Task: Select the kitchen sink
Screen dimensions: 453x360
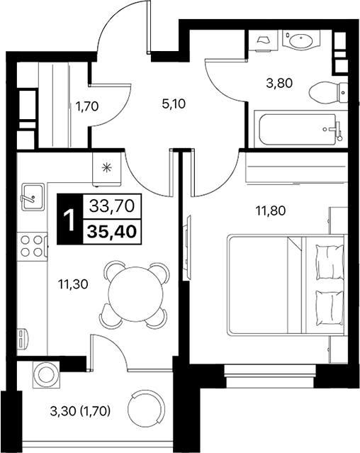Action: click(32, 196)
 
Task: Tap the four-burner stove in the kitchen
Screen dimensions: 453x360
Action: click(31, 245)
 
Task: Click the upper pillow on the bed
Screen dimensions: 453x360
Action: click(327, 261)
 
